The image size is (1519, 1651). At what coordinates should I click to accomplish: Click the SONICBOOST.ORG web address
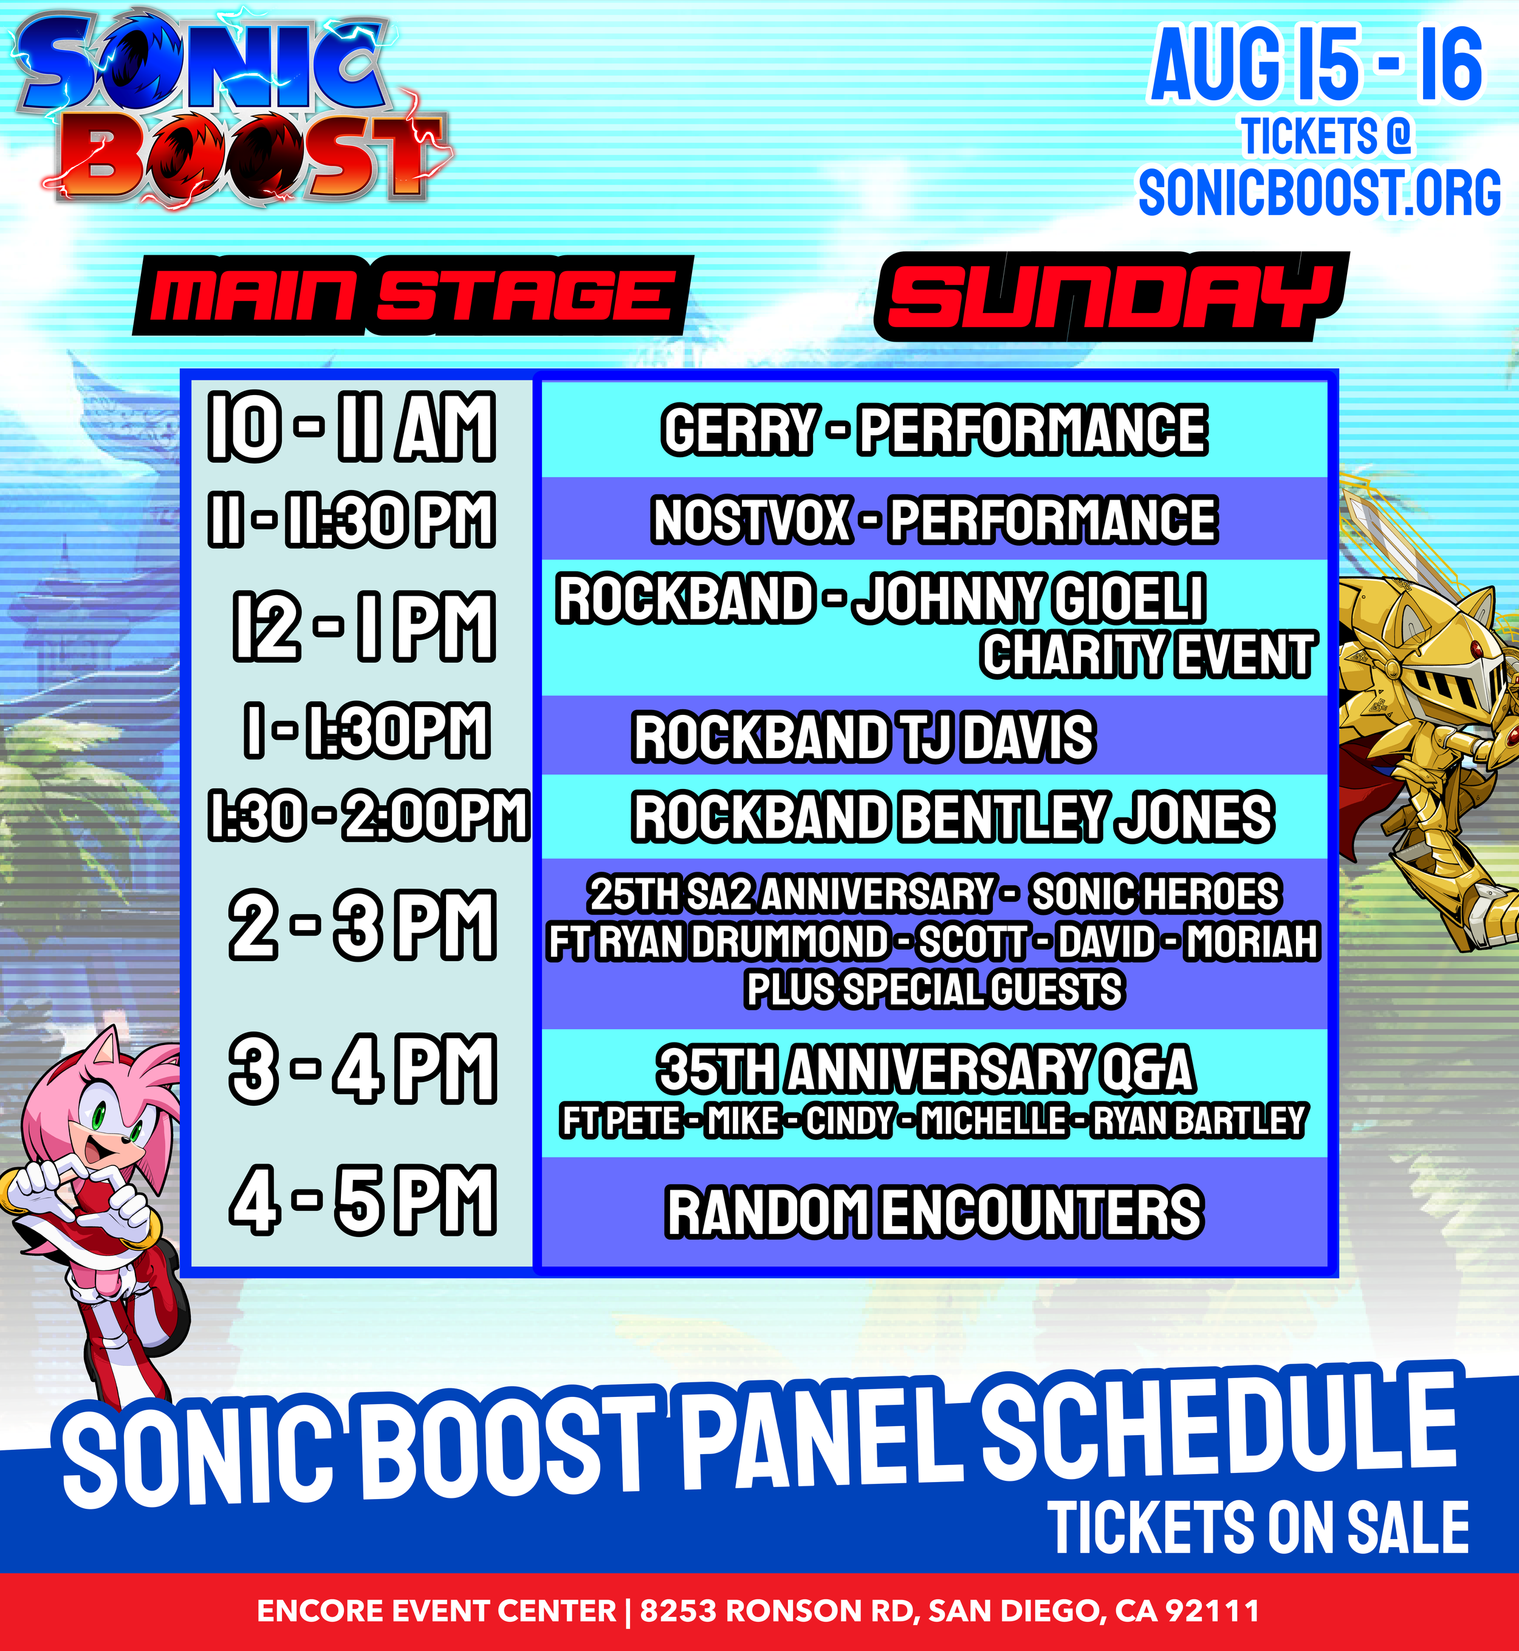pyautogui.click(x=1319, y=193)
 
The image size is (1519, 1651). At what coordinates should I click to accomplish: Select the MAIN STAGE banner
pyautogui.click(x=413, y=295)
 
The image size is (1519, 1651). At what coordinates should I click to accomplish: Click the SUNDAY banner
pyautogui.click(x=1111, y=296)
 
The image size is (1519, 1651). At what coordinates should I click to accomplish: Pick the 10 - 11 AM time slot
pyautogui.click(x=352, y=426)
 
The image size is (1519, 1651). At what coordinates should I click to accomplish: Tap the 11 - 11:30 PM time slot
pyautogui.click(x=352, y=520)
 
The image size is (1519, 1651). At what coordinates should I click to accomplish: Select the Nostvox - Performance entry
pyautogui.click(x=934, y=520)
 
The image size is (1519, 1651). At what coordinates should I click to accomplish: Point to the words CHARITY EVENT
pyautogui.click(x=1148, y=655)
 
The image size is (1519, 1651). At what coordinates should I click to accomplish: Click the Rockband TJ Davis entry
pyautogui.click(x=863, y=737)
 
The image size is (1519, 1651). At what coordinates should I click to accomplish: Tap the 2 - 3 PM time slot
pyautogui.click(x=363, y=925)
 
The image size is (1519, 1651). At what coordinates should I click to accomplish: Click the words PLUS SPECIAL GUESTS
pyautogui.click(x=934, y=989)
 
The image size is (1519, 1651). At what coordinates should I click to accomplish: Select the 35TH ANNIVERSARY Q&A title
pyautogui.click(x=925, y=1070)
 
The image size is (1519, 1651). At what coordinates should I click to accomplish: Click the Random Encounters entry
pyautogui.click(x=934, y=1212)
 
